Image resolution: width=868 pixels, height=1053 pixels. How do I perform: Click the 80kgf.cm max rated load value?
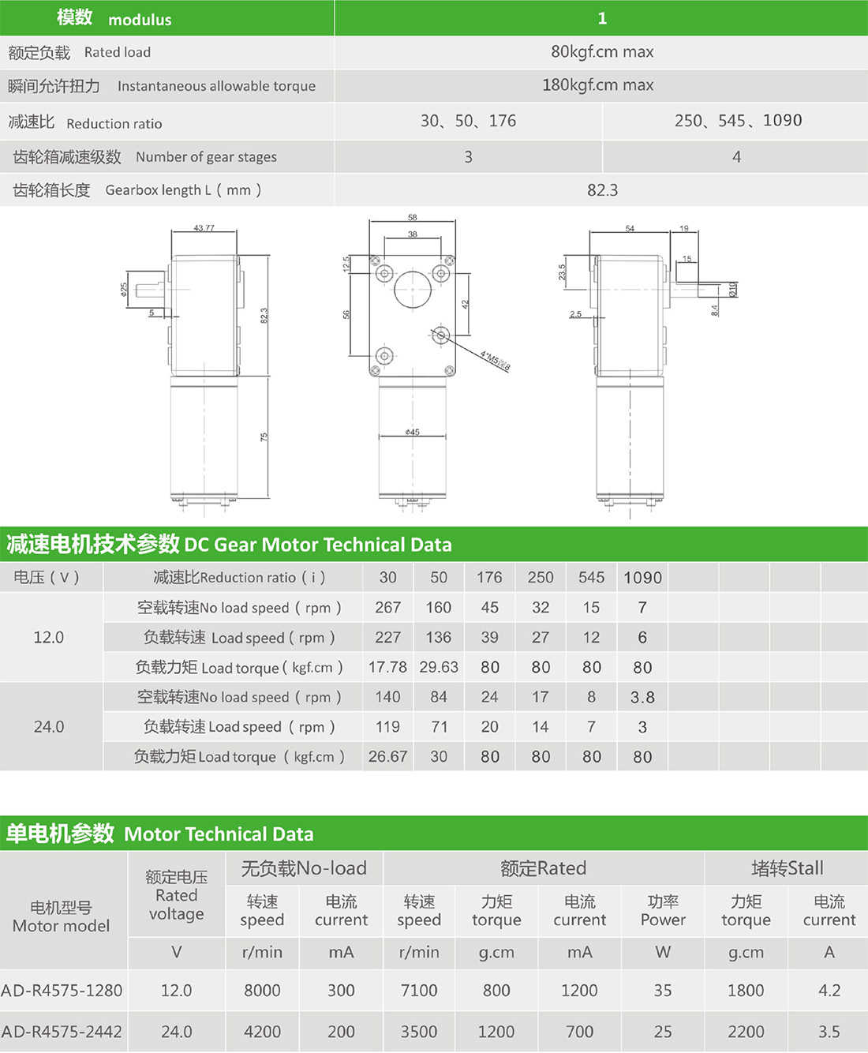601,52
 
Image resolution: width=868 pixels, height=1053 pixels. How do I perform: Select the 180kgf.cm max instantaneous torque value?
597,85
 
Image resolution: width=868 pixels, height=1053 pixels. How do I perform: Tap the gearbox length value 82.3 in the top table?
602,190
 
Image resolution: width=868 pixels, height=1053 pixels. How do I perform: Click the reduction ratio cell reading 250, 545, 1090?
737,121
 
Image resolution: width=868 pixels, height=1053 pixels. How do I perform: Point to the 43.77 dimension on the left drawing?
204,228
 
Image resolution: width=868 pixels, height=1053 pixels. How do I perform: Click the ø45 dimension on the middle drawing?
413,432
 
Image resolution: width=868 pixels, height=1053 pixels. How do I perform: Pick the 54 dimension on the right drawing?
630,228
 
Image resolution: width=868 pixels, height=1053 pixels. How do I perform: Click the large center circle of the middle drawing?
413,290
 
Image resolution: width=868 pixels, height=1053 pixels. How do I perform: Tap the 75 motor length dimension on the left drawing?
264,437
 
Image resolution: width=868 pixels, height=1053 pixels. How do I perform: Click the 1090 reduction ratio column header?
642,578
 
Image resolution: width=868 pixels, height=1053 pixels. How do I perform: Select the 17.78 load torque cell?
387,668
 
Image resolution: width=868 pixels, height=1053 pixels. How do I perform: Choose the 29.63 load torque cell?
439,668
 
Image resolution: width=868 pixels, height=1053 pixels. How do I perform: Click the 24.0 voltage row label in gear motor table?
49,727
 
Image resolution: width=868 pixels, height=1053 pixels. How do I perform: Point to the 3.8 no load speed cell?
642,698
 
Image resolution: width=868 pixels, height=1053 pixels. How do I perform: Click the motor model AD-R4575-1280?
62,991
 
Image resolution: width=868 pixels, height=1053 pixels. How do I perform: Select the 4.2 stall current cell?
829,991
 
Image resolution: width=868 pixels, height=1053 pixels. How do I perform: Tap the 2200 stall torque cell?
746,1032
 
